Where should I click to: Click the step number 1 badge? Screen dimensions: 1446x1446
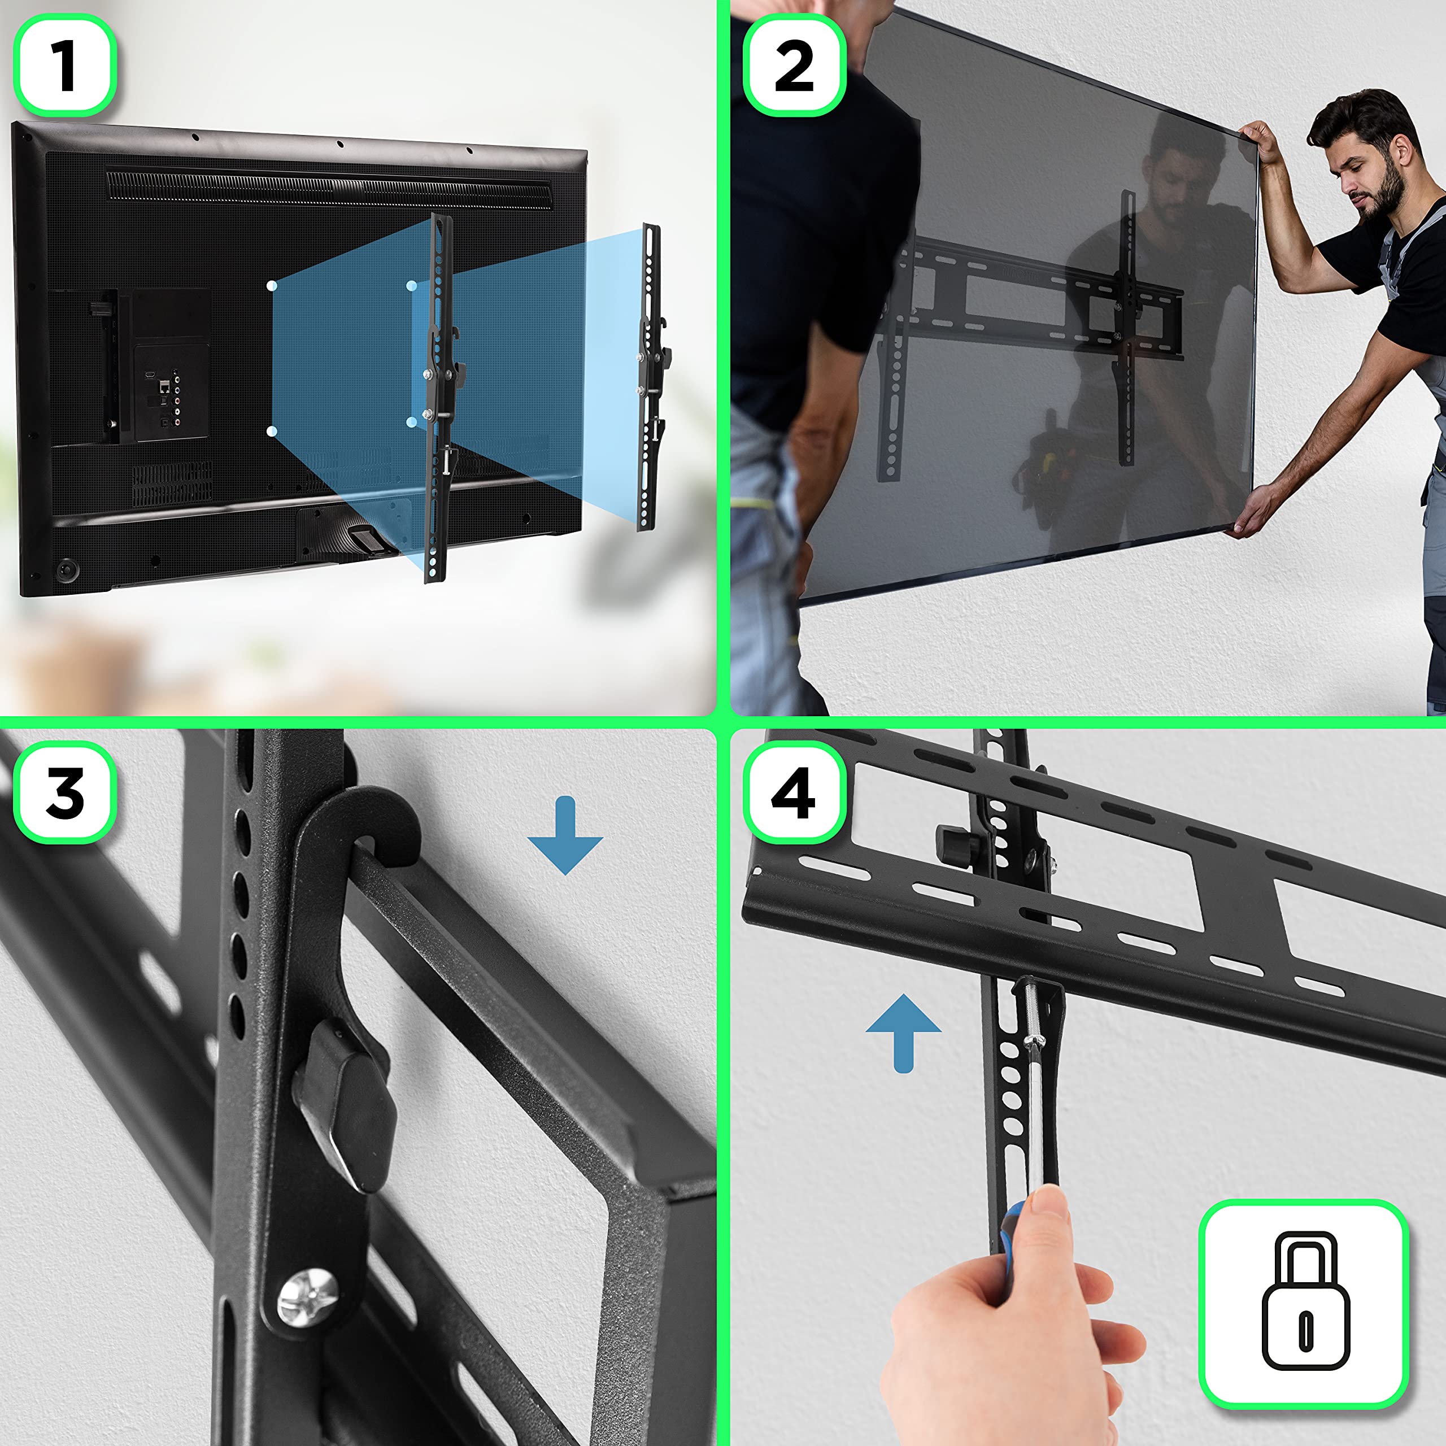pos(65,66)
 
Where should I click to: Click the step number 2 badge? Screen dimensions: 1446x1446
pos(794,66)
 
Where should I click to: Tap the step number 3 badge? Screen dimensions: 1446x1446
pos(65,794)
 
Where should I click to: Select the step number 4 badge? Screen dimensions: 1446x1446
pos(794,794)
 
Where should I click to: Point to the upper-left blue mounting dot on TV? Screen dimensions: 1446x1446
pos(272,286)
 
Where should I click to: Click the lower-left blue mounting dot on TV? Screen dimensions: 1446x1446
pos(272,431)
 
